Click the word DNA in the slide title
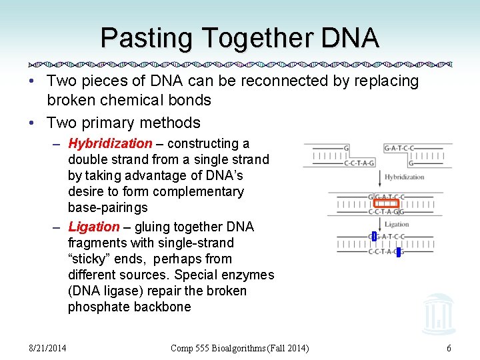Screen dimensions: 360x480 (349, 38)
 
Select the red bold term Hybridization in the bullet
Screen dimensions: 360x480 (110, 143)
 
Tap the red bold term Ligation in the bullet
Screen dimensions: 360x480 (93, 227)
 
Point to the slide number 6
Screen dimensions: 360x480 (449, 348)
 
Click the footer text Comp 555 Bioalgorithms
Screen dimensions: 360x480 (220, 348)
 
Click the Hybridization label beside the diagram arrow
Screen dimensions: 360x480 (404, 177)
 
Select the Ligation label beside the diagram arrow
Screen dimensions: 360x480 (397, 224)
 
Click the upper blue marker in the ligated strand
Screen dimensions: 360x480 (374, 236)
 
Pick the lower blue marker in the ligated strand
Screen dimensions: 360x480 (398, 252)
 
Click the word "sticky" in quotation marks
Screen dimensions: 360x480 (89, 259)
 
